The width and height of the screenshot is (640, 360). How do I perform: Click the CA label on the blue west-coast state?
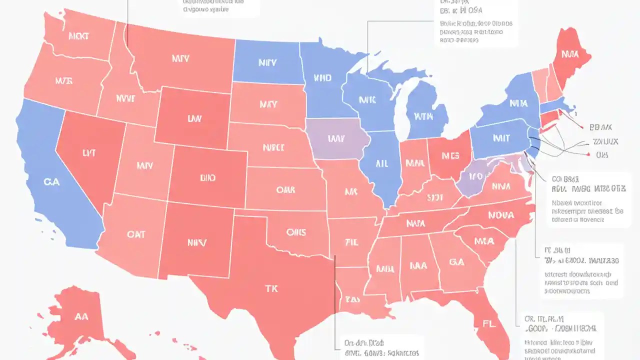pyautogui.click(x=51, y=182)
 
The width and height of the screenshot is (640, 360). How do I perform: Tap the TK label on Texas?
pyautogui.click(x=270, y=288)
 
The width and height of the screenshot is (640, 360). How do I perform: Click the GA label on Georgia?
pyautogui.click(x=456, y=261)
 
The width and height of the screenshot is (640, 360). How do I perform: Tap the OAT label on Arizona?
pyautogui.click(x=136, y=234)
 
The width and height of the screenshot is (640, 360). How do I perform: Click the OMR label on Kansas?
pyautogui.click(x=285, y=190)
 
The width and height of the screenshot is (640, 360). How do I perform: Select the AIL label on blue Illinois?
pyautogui.click(x=381, y=163)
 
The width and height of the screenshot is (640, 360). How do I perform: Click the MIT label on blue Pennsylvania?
pyautogui.click(x=501, y=138)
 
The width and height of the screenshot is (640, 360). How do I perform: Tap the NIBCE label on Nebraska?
pyautogui.click(x=273, y=147)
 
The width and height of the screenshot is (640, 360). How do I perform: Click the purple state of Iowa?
pyautogui.click(x=336, y=138)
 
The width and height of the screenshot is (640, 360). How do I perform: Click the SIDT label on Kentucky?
pyautogui.click(x=435, y=197)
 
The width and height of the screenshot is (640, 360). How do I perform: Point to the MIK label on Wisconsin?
pyautogui.click(x=367, y=100)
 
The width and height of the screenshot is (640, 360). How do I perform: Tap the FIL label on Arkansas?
pyautogui.click(x=352, y=242)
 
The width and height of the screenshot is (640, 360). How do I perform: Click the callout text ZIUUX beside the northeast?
pyautogui.click(x=605, y=141)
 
